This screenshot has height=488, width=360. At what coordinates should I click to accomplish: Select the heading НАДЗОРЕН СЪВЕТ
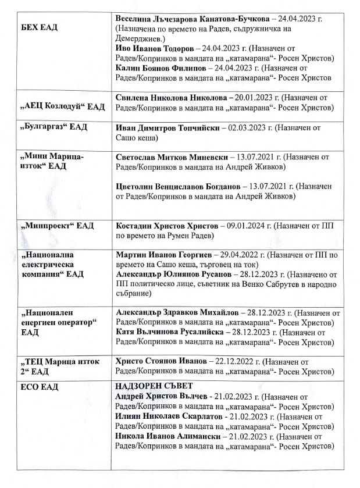154,386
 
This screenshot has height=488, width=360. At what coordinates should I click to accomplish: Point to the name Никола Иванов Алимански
166,436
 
